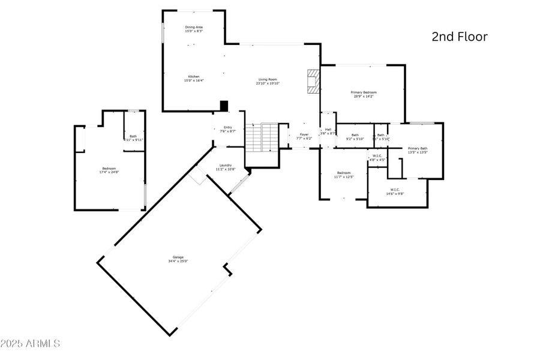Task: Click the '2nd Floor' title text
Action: pyautogui.click(x=460, y=37)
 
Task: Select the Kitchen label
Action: pyautogui.click(x=193, y=79)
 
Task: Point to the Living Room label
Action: pyautogui.click(x=268, y=81)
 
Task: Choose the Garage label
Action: pyautogui.click(x=179, y=259)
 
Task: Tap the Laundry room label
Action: pyautogui.click(x=226, y=167)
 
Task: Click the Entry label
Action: pyautogui.click(x=228, y=129)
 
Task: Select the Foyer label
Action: pyautogui.click(x=304, y=136)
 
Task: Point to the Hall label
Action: pyautogui.click(x=328, y=131)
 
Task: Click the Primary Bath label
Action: pyautogui.click(x=418, y=150)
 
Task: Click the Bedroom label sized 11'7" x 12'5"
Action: pyautogui.click(x=344, y=175)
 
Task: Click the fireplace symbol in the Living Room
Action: pyautogui.click(x=313, y=82)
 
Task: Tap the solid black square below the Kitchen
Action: pyautogui.click(x=224, y=106)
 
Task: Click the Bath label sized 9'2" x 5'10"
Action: pyautogui.click(x=355, y=137)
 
